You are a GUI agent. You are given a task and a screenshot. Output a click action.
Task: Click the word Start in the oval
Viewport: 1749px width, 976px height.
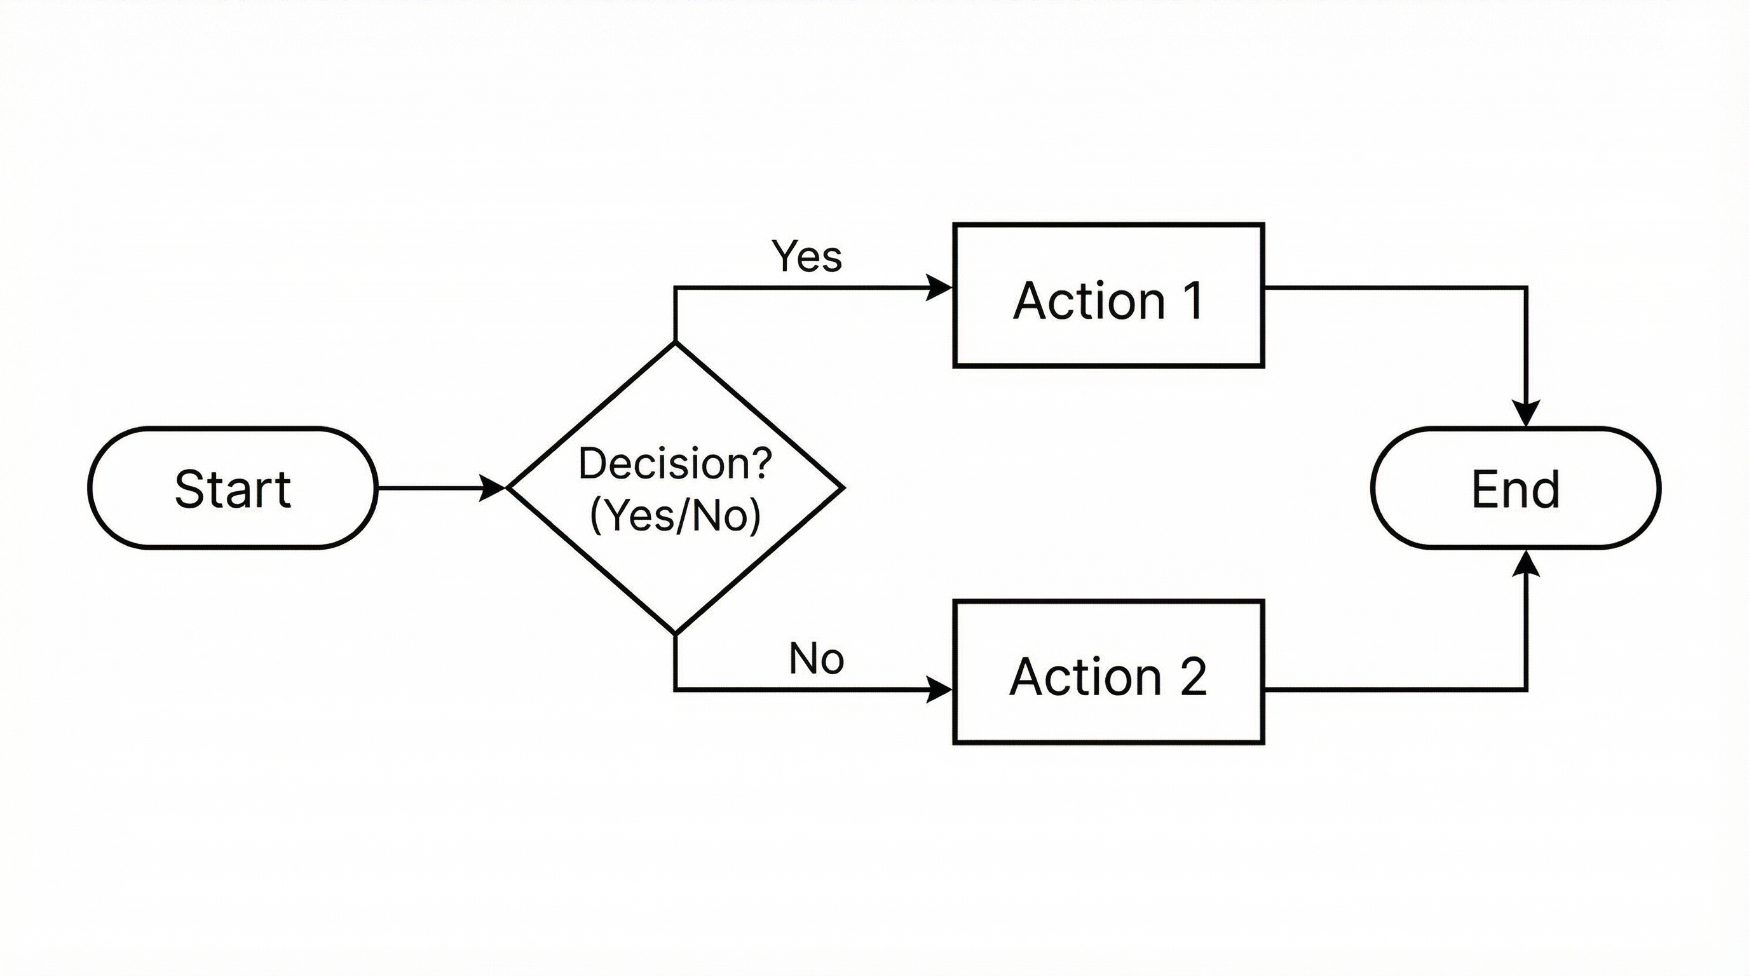(233, 489)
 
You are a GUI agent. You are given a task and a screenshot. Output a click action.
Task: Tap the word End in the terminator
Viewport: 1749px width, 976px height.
(1515, 489)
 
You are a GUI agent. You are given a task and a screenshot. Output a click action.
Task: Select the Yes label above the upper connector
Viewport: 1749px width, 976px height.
(806, 257)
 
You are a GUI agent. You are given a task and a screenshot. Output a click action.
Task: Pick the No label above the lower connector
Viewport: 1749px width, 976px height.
(816, 658)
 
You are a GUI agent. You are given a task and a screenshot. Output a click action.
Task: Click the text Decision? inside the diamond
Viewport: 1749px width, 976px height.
(675, 464)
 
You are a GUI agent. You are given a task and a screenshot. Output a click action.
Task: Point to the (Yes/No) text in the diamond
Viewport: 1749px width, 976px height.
(675, 516)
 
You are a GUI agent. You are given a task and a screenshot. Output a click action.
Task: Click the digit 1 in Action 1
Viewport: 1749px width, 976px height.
(1193, 300)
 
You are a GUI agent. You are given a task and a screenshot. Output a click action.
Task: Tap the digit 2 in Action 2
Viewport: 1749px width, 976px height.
(1193, 677)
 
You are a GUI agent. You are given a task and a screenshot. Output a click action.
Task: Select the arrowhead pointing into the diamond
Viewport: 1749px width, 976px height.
(493, 488)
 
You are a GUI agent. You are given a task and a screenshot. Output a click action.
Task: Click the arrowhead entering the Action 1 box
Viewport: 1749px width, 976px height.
(941, 288)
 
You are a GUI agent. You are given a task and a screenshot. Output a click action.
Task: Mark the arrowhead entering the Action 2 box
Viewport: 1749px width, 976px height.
(941, 689)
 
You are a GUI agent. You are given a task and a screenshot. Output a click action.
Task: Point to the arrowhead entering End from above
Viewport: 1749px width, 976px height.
(1527, 414)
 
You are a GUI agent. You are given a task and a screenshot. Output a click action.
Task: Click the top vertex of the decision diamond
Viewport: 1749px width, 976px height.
(675, 343)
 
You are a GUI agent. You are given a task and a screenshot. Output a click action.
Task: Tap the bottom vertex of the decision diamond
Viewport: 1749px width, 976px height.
(675, 634)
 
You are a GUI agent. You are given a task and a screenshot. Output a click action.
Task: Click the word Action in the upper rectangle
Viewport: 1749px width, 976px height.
(1089, 300)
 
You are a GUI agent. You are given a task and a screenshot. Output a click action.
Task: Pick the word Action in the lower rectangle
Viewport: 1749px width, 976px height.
(1085, 677)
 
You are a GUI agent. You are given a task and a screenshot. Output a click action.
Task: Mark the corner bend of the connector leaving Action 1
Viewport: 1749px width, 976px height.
(1527, 288)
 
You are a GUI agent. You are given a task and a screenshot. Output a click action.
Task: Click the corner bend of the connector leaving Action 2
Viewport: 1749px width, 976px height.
(1527, 689)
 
